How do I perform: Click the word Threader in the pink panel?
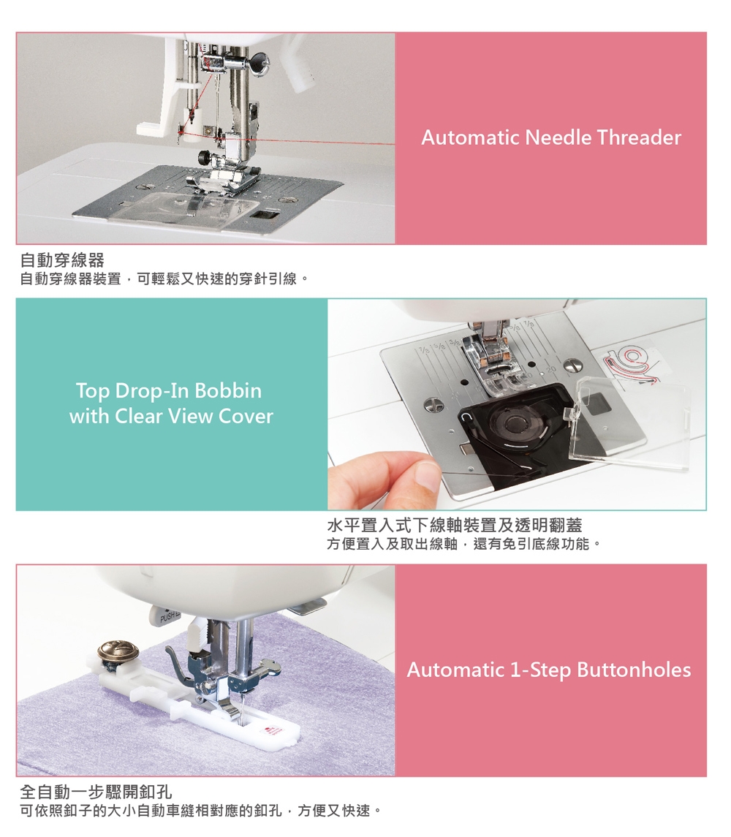[x=639, y=137]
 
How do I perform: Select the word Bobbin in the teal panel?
[x=228, y=391]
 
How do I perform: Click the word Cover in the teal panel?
[x=246, y=417]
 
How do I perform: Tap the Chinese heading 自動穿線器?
[x=62, y=260]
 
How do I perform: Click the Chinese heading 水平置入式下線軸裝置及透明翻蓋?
[x=455, y=526]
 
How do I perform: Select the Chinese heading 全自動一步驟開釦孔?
[x=96, y=792]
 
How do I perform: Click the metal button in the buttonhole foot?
[x=118, y=652]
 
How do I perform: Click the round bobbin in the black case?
[x=514, y=423]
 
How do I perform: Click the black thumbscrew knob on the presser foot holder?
[x=205, y=157]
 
